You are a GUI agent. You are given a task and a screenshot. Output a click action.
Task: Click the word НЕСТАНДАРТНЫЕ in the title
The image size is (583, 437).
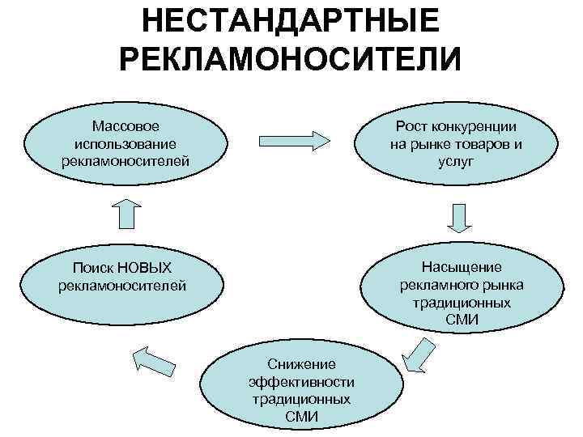pos(291,22)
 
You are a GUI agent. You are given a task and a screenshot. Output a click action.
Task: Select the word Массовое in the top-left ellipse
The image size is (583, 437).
pos(126,127)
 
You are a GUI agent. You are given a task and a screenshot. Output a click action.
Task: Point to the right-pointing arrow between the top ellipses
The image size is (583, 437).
pos(295,138)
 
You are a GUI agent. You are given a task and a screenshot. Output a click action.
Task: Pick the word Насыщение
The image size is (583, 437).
pos(462,268)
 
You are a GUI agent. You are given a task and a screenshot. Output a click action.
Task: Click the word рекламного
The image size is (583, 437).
pos(437,285)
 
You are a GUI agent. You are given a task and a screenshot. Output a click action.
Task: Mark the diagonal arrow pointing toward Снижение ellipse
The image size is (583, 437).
pos(416,355)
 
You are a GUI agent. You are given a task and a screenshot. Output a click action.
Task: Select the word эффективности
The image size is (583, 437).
pos(302,382)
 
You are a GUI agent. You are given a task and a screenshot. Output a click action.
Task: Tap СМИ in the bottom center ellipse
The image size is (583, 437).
pos(302,416)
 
